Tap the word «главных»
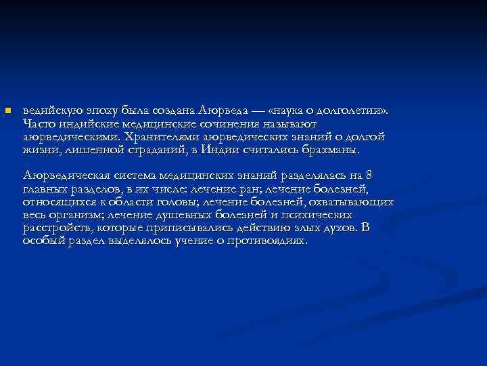[x=45, y=189]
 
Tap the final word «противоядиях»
[x=271, y=241]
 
